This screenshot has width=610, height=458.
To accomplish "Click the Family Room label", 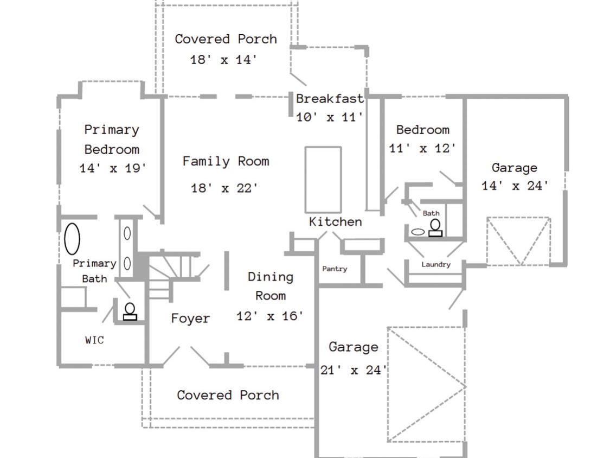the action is click(x=226, y=161).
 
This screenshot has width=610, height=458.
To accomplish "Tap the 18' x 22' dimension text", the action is click(x=224, y=188).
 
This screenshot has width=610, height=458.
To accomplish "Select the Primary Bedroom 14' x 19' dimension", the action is click(x=113, y=168).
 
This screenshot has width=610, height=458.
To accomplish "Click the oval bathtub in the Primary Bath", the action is click(x=72, y=239).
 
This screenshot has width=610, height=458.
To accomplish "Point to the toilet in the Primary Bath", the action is click(x=130, y=311).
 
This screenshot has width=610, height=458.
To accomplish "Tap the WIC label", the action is click(x=94, y=340).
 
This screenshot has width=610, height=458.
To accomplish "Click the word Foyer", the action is click(x=191, y=318).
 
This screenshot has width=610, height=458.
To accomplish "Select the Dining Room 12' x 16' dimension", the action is click(x=270, y=316).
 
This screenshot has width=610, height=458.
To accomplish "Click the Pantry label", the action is click(x=335, y=269).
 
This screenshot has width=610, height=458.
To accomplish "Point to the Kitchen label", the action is click(x=335, y=221).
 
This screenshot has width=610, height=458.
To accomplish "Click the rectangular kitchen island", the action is click(x=323, y=180).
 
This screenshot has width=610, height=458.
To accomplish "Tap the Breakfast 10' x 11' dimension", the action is click(x=330, y=117).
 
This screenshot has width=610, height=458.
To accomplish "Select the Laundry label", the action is click(x=436, y=264).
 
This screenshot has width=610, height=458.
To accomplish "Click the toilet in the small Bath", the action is click(x=435, y=228).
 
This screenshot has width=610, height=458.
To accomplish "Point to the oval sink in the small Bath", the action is click(x=418, y=232).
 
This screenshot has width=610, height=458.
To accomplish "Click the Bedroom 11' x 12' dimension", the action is click(x=422, y=148).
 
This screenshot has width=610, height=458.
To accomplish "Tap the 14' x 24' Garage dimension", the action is click(x=515, y=186).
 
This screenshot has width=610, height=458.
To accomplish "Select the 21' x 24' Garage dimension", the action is click(x=354, y=370).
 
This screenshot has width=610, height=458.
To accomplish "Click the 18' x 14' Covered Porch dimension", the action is click(x=224, y=60).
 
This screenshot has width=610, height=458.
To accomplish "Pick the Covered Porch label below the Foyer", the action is click(x=228, y=395).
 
